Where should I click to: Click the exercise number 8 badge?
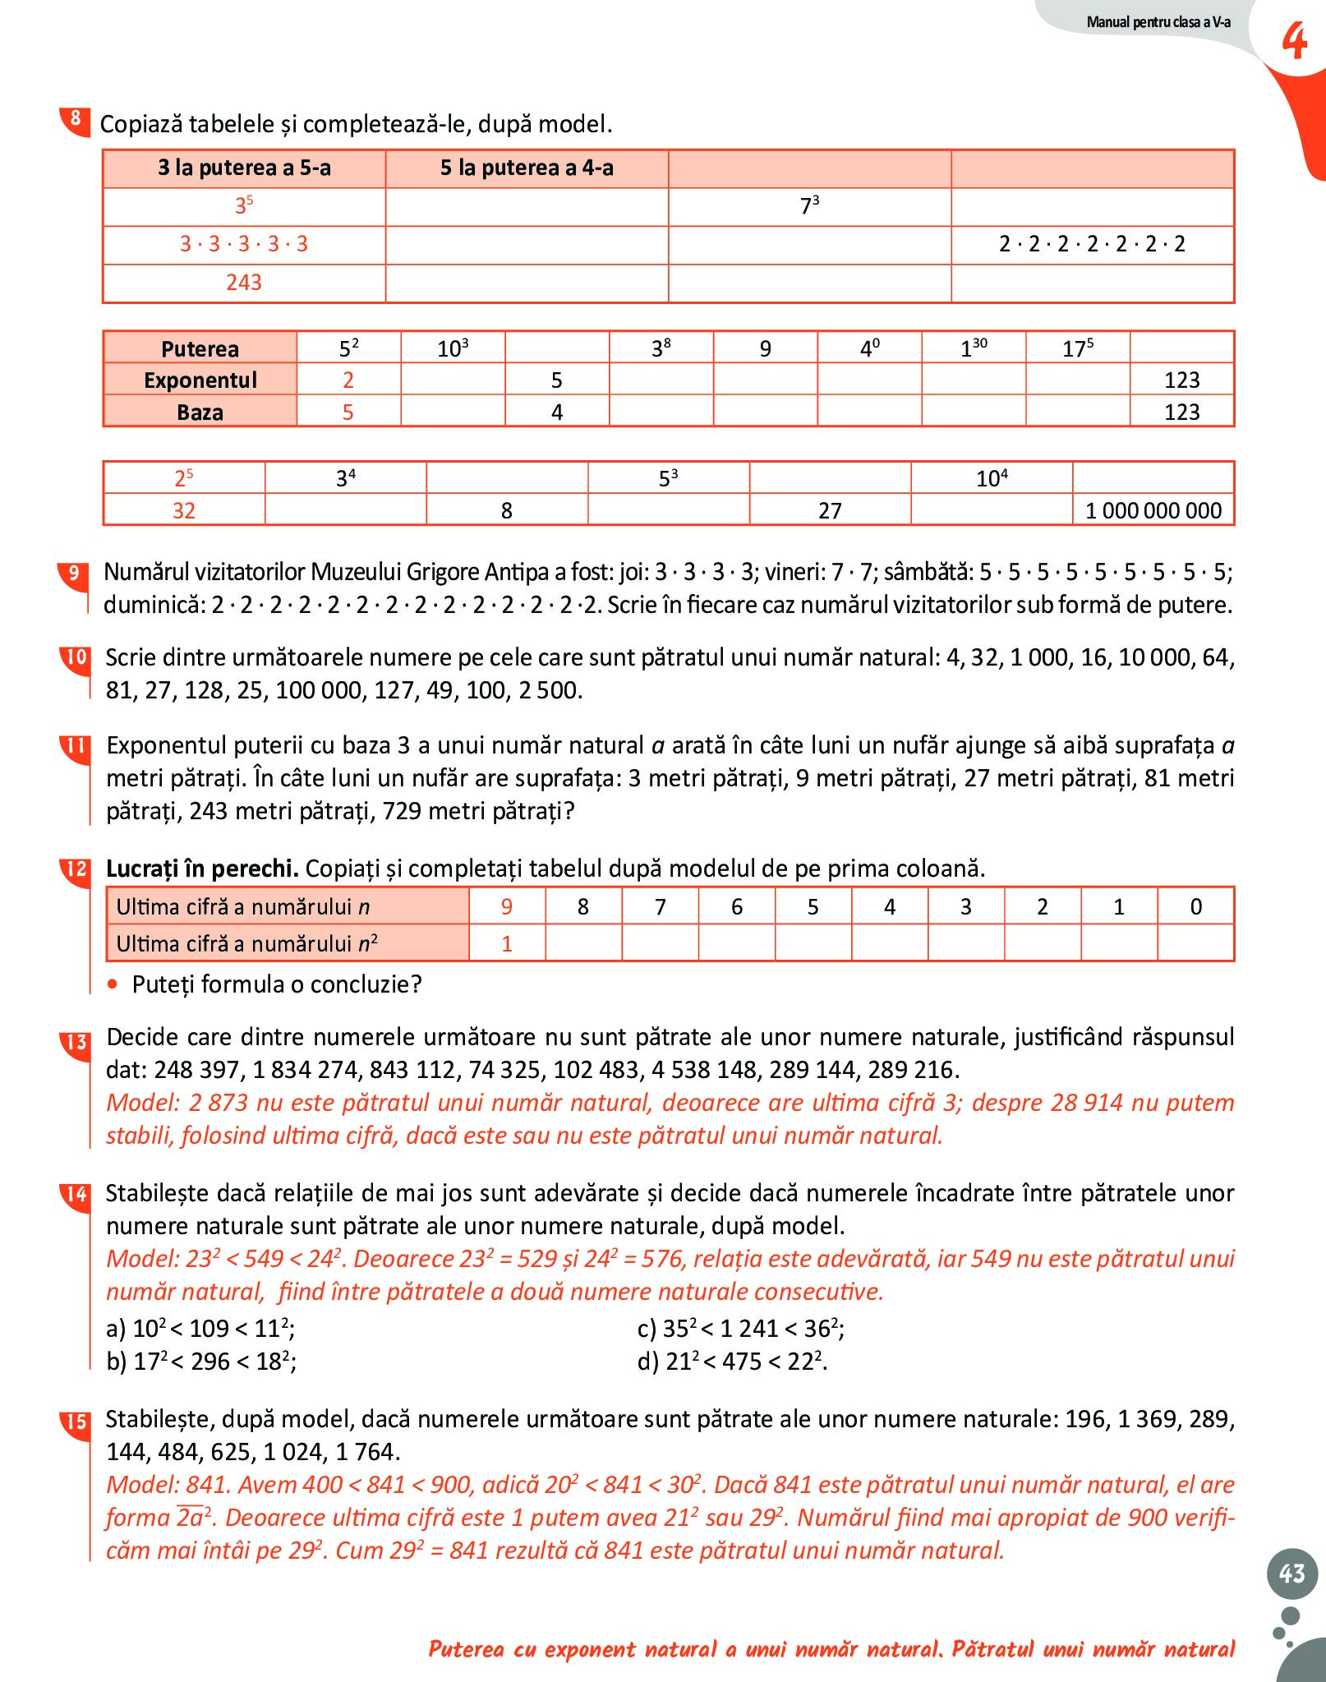click(x=75, y=119)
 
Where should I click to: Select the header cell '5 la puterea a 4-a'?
click(x=527, y=168)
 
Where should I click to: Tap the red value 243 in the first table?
click(x=244, y=283)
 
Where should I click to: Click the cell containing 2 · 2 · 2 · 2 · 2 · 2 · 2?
click(x=1092, y=244)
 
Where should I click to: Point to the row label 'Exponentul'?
click(x=200, y=380)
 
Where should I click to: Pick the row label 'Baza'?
click(x=200, y=412)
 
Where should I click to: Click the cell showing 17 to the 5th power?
click(x=1077, y=348)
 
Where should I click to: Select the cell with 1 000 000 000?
click(x=1153, y=510)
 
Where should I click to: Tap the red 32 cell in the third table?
click(x=183, y=510)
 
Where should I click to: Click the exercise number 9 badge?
click(x=74, y=573)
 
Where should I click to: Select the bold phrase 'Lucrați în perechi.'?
click(x=202, y=869)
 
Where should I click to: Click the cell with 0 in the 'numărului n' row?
click(x=1195, y=906)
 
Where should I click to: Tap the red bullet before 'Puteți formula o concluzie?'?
click(x=113, y=984)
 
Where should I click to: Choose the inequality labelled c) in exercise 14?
click(x=740, y=1329)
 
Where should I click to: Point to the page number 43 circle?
click(x=1291, y=1573)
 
